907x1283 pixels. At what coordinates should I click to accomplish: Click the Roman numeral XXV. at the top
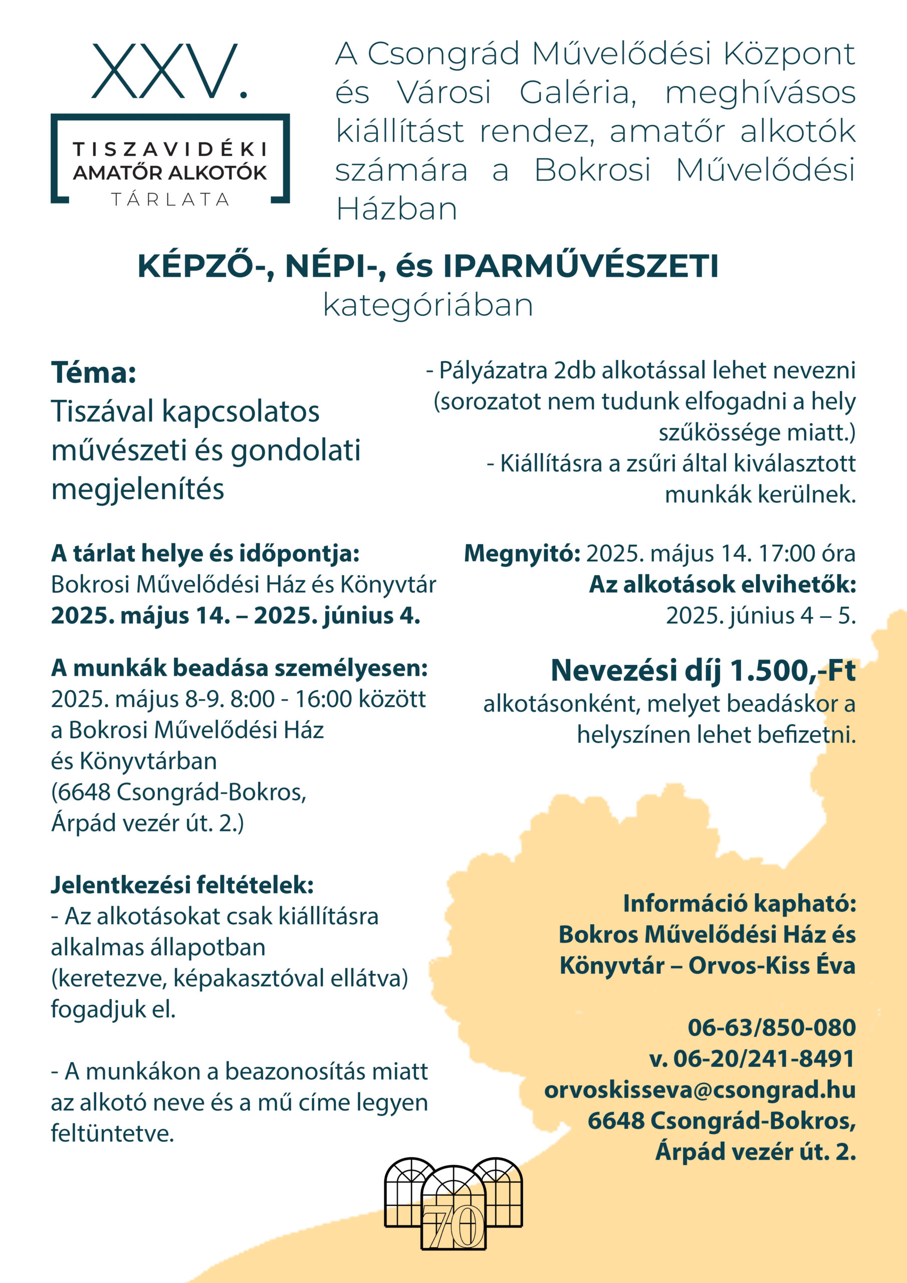(169, 73)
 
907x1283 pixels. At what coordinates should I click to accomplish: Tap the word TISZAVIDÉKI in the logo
(170, 150)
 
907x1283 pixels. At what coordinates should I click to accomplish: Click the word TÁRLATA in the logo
(170, 199)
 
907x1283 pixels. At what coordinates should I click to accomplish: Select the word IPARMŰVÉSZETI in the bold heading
(581, 267)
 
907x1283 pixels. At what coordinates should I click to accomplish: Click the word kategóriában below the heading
(428, 306)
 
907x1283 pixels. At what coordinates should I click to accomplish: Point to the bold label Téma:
(94, 372)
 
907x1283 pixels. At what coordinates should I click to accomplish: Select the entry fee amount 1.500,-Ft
(792, 670)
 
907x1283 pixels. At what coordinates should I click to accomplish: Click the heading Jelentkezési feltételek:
(182, 885)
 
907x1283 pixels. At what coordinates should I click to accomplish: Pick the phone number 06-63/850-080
(772, 1027)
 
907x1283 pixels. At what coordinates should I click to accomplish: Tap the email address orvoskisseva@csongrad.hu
(700, 1089)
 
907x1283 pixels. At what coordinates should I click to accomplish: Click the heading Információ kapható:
(739, 903)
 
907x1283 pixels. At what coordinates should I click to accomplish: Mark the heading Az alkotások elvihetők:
(722, 584)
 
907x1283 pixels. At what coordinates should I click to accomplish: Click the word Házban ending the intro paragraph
(396, 209)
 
